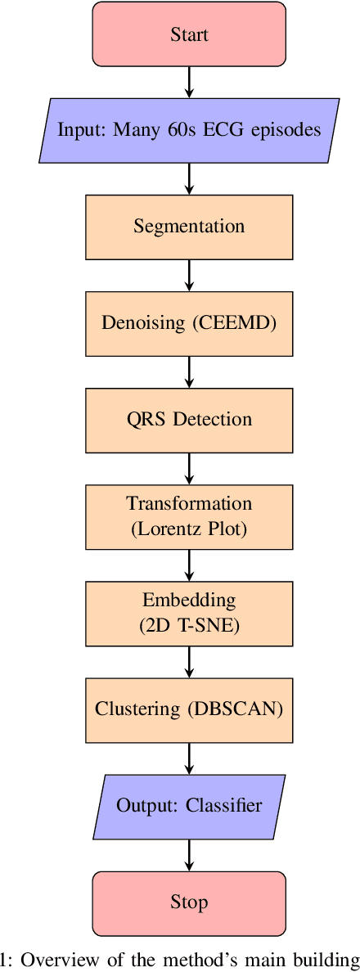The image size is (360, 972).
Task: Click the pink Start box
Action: click(x=189, y=34)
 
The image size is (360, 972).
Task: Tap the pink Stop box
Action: click(x=189, y=902)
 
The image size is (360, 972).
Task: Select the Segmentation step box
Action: click(x=189, y=226)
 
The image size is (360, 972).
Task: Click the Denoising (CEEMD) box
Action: click(x=189, y=322)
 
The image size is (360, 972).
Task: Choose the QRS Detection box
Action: click(x=189, y=419)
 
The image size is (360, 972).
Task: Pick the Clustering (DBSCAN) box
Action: click(x=189, y=709)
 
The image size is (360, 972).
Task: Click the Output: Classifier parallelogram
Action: click(x=189, y=805)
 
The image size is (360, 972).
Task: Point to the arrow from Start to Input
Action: click(x=189, y=82)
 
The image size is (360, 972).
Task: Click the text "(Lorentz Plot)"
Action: click(x=189, y=529)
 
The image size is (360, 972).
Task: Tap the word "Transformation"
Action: click(x=189, y=504)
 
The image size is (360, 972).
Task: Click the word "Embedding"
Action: click(x=189, y=601)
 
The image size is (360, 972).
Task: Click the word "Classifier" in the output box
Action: click(x=224, y=805)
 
